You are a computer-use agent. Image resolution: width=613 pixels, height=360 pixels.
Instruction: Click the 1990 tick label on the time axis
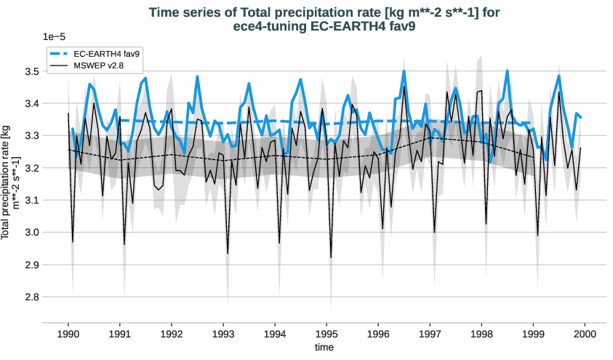[68, 335]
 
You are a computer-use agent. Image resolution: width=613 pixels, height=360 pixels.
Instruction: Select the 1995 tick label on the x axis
[326, 335]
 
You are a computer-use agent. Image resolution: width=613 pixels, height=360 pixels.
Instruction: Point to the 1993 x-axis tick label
[223, 335]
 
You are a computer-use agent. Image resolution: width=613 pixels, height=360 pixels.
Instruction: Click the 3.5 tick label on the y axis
[31, 71]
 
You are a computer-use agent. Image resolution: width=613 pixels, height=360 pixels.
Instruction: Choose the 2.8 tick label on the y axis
[31, 297]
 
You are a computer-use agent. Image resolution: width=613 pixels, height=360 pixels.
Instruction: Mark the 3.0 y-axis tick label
[31, 233]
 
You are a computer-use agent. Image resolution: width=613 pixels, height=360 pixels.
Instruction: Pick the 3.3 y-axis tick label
[31, 136]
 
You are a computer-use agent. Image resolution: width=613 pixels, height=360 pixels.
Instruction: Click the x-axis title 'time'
[324, 348]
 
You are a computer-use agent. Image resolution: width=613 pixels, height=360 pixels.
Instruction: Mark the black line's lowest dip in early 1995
[331, 257]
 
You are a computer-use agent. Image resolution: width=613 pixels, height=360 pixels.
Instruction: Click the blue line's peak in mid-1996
[404, 71]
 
